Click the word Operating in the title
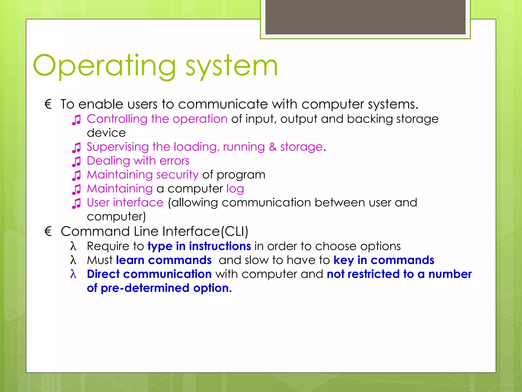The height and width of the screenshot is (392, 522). click(105, 66)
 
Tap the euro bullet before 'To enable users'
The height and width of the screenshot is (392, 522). click(48, 104)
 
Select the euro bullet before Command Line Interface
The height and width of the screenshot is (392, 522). click(48, 231)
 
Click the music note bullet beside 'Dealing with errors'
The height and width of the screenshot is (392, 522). click(76, 162)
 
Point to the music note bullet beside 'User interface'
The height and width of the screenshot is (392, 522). click(76, 203)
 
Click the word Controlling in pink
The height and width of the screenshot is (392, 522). click(117, 119)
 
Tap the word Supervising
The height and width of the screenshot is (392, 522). click(118, 147)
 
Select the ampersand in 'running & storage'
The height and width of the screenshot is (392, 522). click(272, 147)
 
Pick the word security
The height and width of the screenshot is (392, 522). click(177, 175)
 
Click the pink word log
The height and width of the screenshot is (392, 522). click(235, 189)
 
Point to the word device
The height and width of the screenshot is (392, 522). click(106, 133)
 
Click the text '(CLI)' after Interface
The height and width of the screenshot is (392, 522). click(234, 231)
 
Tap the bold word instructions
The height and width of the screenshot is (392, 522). click(220, 246)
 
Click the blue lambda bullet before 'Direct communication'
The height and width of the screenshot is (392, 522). click(73, 274)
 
